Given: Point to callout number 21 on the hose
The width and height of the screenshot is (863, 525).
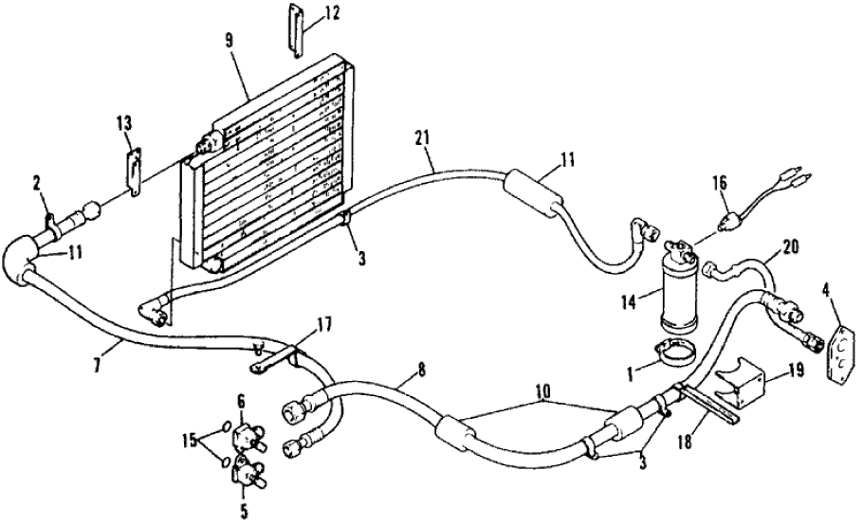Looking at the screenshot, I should pyautogui.click(x=423, y=137).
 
